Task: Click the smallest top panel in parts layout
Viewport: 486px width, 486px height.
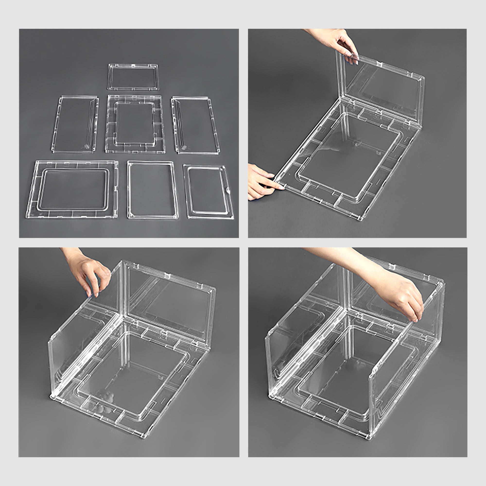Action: tap(133, 77)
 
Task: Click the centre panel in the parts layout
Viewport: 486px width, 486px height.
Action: tap(135, 124)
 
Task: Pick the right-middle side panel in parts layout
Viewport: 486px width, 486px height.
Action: tap(196, 125)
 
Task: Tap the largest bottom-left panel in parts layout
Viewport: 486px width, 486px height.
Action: tap(72, 189)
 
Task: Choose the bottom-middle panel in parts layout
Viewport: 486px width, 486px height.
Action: tap(152, 190)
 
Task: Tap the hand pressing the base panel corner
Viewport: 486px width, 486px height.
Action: tap(262, 182)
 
